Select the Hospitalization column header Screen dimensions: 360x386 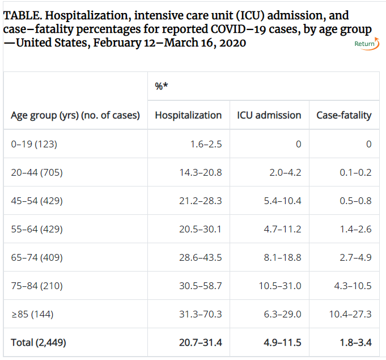[x=188, y=115]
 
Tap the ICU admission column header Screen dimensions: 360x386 [x=269, y=115]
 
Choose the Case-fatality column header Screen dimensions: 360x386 [x=343, y=115]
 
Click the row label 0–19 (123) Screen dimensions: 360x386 [x=34, y=144]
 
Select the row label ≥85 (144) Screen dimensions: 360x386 [x=33, y=314]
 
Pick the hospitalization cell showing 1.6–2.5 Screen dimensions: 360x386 [x=206, y=144]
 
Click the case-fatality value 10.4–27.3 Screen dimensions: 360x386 [x=351, y=314]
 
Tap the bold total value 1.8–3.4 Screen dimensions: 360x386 [x=356, y=342]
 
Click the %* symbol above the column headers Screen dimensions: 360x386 [x=162, y=86]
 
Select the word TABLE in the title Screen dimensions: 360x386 [x=22, y=15]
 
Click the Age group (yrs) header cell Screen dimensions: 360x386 [x=75, y=115]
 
